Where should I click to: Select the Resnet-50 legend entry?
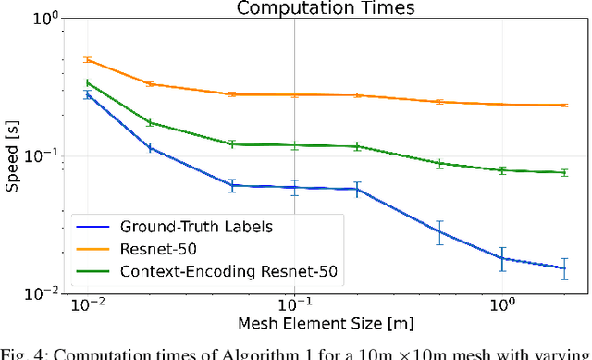coord(157,248)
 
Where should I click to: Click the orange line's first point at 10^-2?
coord(88,60)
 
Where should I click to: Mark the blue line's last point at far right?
coord(564,268)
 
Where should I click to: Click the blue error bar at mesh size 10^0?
coord(502,258)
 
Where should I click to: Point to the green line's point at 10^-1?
coord(295,145)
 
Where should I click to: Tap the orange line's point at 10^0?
coord(502,105)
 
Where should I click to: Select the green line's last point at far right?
coord(564,172)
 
